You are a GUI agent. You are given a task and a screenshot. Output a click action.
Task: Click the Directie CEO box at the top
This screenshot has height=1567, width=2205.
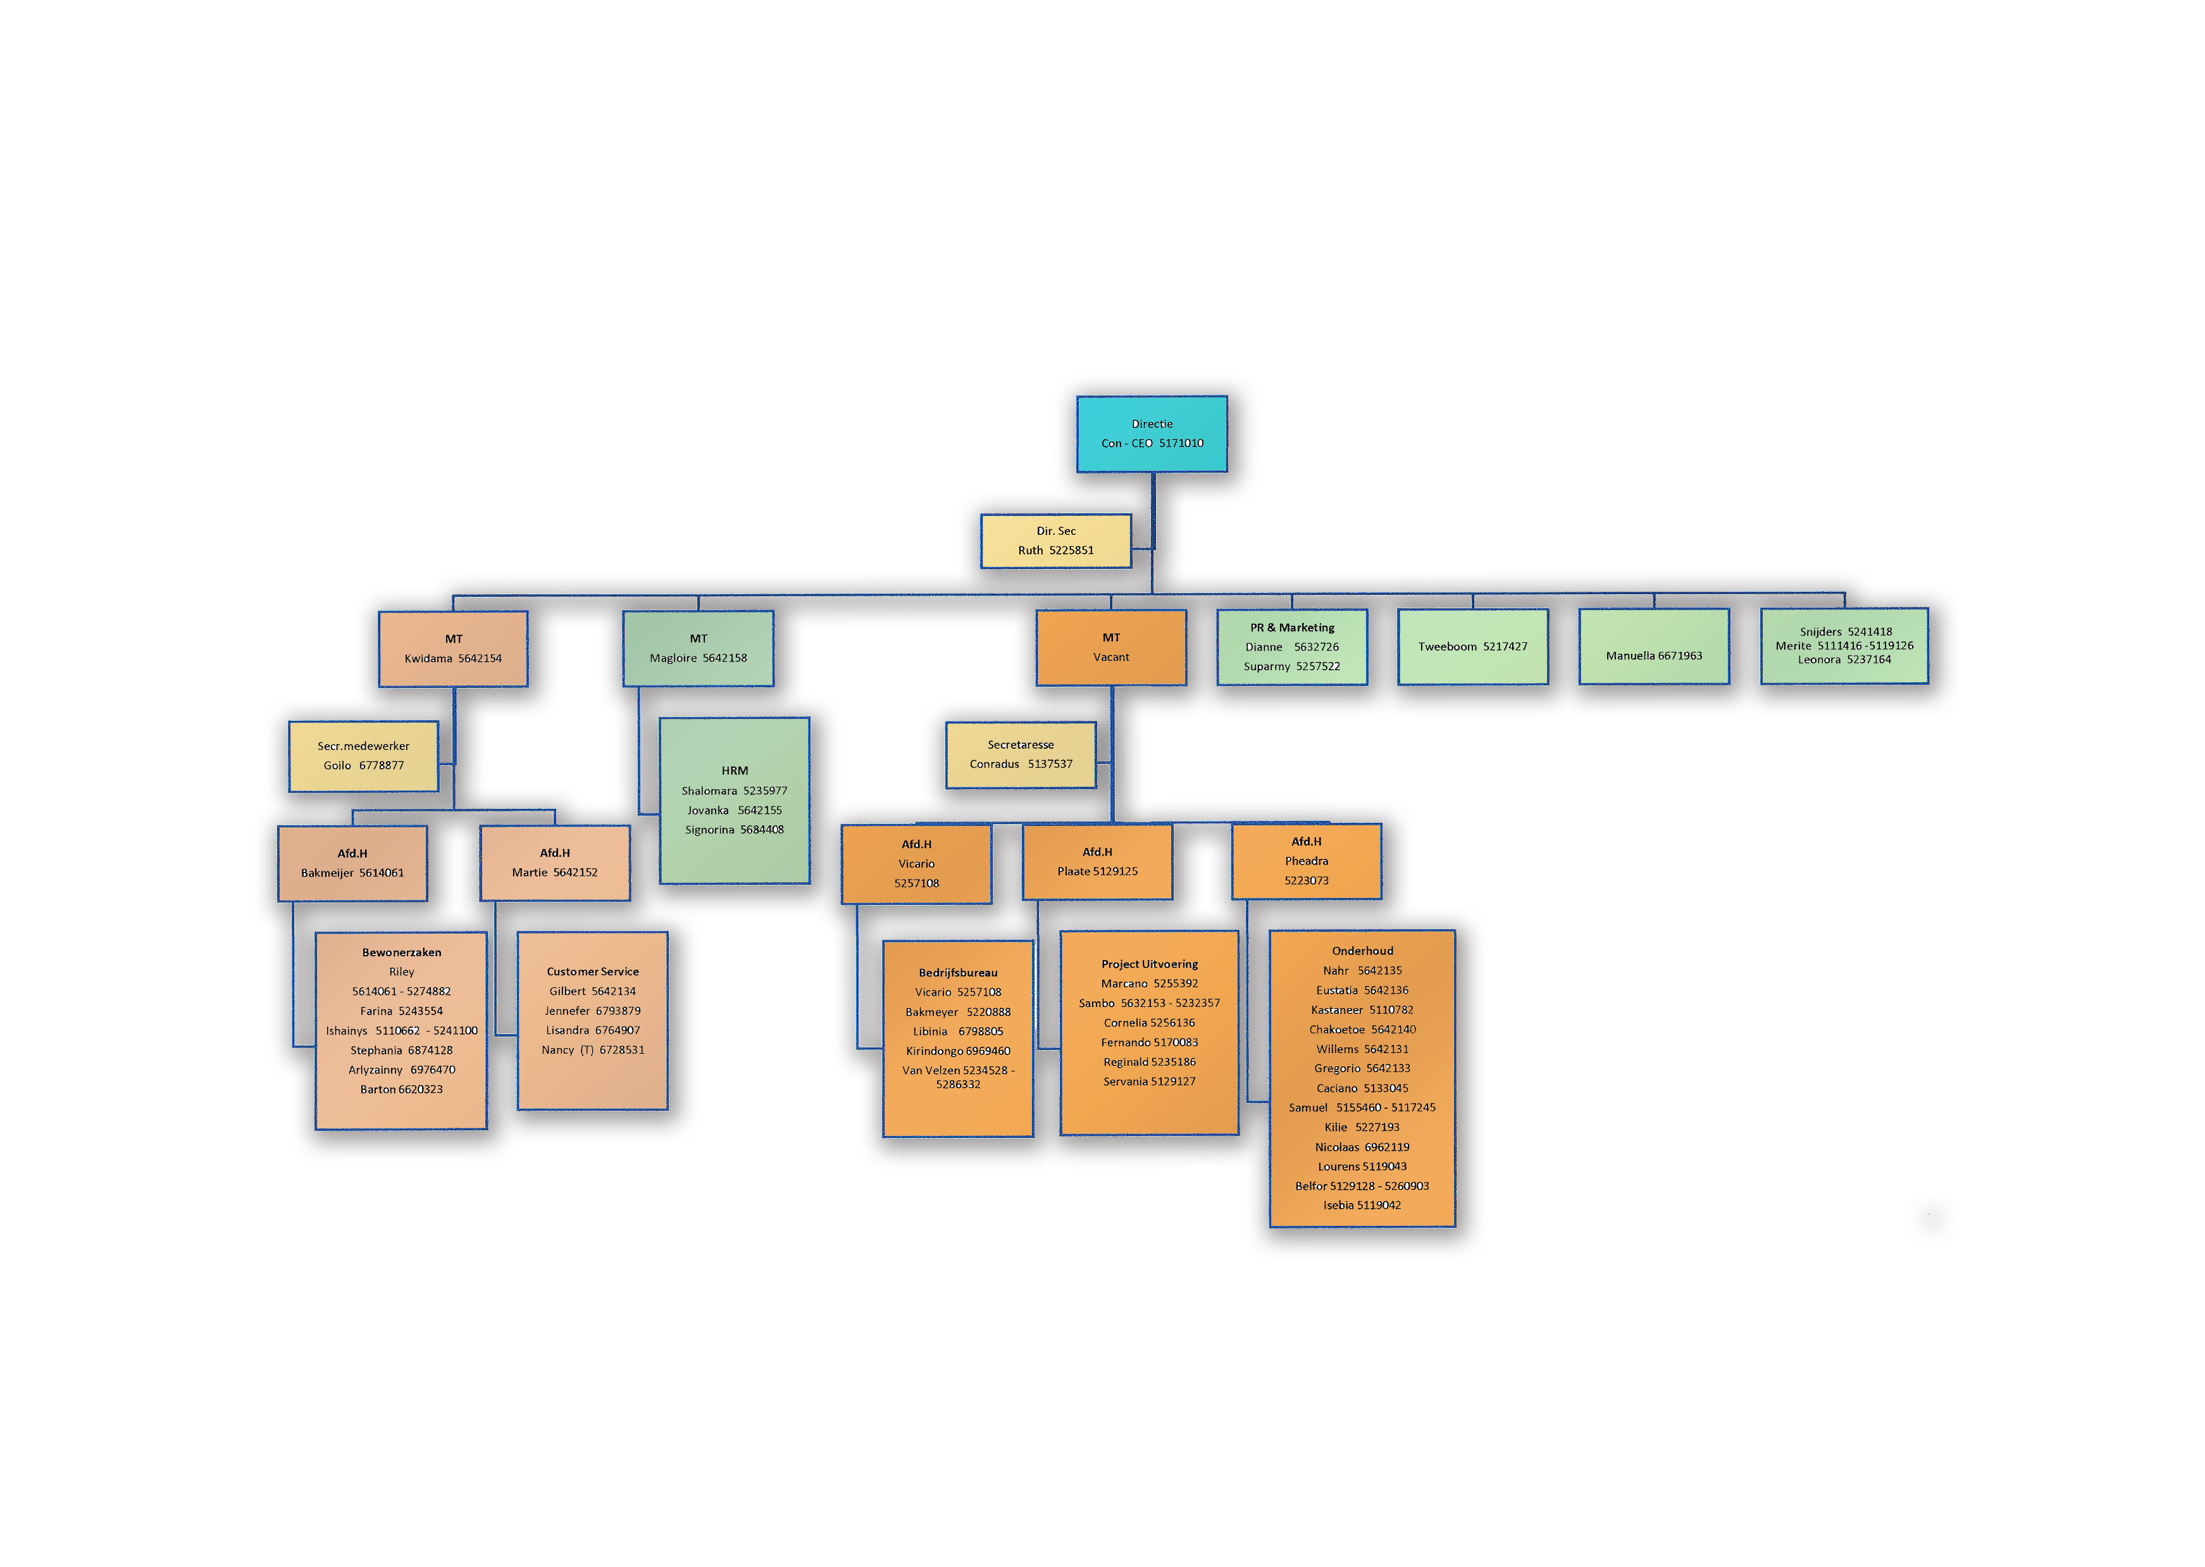[x=1152, y=434]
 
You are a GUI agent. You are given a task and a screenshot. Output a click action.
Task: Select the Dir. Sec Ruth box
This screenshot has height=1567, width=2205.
[x=1056, y=540]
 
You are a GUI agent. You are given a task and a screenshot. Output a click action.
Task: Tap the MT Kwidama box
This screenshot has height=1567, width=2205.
[x=454, y=649]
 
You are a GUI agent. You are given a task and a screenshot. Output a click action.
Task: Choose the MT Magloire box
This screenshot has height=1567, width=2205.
[x=699, y=649]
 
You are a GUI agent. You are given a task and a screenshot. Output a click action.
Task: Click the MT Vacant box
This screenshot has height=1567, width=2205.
[x=1111, y=647]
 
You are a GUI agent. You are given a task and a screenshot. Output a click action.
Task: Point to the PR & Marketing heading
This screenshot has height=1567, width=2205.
[x=1293, y=627]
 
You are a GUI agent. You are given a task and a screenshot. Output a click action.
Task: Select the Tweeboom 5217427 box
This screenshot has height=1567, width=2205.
[x=1473, y=647]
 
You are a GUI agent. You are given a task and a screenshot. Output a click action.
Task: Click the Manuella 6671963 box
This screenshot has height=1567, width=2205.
[x=1655, y=647]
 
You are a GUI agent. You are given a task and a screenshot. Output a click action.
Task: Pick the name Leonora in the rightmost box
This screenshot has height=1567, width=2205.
[x=1819, y=660]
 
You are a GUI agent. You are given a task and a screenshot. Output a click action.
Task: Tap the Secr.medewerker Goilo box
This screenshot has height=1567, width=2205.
[x=364, y=756]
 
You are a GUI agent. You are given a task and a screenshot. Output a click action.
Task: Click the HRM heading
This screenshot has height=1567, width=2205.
[x=735, y=771]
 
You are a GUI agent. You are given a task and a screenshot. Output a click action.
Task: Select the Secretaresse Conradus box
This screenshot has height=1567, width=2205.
[x=1021, y=754]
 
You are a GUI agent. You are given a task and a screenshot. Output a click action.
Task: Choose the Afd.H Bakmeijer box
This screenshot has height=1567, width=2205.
[x=352, y=864]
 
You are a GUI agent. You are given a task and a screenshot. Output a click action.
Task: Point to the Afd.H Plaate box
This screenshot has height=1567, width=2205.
[x=1098, y=861]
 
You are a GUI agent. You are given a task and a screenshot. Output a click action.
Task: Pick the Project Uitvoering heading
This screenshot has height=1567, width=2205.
[x=1150, y=964]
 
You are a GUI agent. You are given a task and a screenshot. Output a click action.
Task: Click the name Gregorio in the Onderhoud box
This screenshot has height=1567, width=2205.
[x=1337, y=1069]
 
